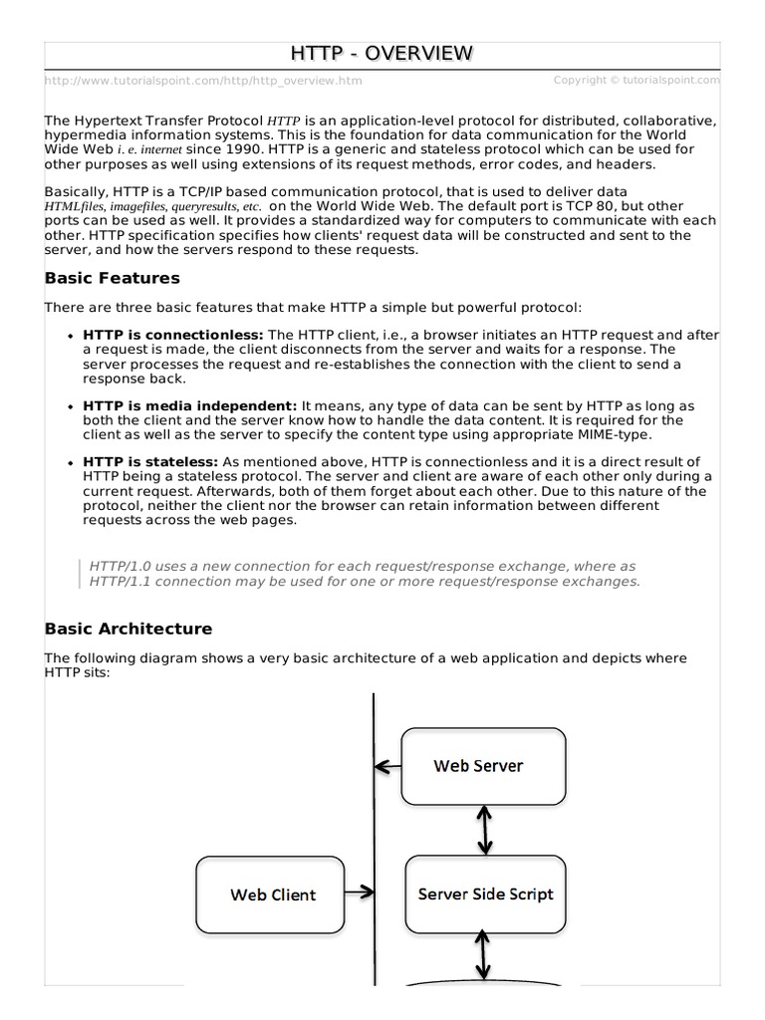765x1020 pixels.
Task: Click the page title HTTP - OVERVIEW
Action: (x=382, y=54)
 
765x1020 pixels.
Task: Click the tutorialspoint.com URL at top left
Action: (x=203, y=81)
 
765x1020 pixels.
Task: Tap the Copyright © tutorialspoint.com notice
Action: (x=636, y=80)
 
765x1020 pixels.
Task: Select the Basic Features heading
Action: (x=113, y=278)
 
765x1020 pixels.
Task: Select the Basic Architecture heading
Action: (x=128, y=629)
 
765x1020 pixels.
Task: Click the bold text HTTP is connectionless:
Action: (x=173, y=336)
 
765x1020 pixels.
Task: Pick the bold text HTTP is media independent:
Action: (x=190, y=406)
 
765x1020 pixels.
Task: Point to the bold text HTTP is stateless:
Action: (x=150, y=462)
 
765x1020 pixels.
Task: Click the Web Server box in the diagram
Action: (x=483, y=766)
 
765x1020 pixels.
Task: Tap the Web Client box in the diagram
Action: (x=273, y=894)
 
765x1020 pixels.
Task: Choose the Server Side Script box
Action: (x=485, y=893)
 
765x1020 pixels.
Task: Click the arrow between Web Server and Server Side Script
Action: (x=485, y=830)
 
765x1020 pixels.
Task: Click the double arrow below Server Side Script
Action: (x=485, y=957)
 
